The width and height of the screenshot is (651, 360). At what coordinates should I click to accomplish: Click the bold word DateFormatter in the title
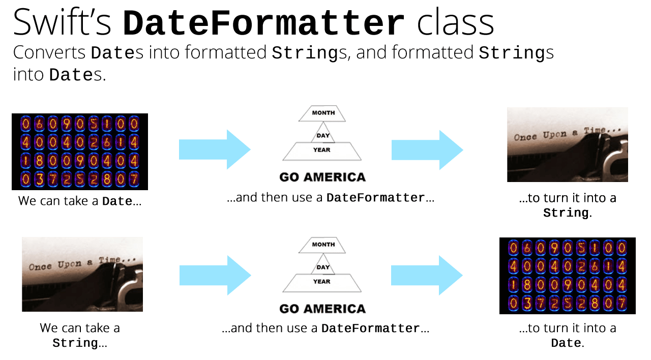coord(264,23)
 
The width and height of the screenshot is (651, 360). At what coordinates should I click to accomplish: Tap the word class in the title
coord(455,23)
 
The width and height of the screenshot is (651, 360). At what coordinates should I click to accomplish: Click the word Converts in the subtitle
coord(49,52)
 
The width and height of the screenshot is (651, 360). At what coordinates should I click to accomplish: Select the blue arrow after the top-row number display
coord(215,149)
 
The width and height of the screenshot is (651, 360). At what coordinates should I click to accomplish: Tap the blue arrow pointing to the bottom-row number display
coord(427,275)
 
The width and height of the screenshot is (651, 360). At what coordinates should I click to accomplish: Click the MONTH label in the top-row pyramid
coord(323,113)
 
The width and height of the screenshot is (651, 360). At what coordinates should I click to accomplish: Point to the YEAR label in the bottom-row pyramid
coord(322,282)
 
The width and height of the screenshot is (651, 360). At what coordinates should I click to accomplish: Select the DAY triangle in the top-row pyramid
coord(323,136)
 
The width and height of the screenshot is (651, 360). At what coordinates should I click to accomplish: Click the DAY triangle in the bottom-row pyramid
coord(323,267)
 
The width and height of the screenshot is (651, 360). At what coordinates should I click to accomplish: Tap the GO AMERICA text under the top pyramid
coord(322,177)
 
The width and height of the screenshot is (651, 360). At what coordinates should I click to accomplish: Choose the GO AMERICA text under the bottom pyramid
coord(322,309)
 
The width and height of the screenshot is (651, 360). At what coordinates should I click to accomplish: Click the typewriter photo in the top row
coord(567,144)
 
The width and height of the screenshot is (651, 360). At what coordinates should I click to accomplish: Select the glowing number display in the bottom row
coord(567,276)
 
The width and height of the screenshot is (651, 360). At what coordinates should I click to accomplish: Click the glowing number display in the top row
coord(80,152)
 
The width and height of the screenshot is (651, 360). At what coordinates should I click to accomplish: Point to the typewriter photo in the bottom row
coord(82,274)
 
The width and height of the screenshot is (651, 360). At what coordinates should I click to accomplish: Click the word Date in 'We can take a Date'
coord(117,201)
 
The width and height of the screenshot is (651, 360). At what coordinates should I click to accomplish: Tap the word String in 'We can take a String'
coord(75,343)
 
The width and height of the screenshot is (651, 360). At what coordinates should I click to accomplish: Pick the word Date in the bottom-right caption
coord(566,343)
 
